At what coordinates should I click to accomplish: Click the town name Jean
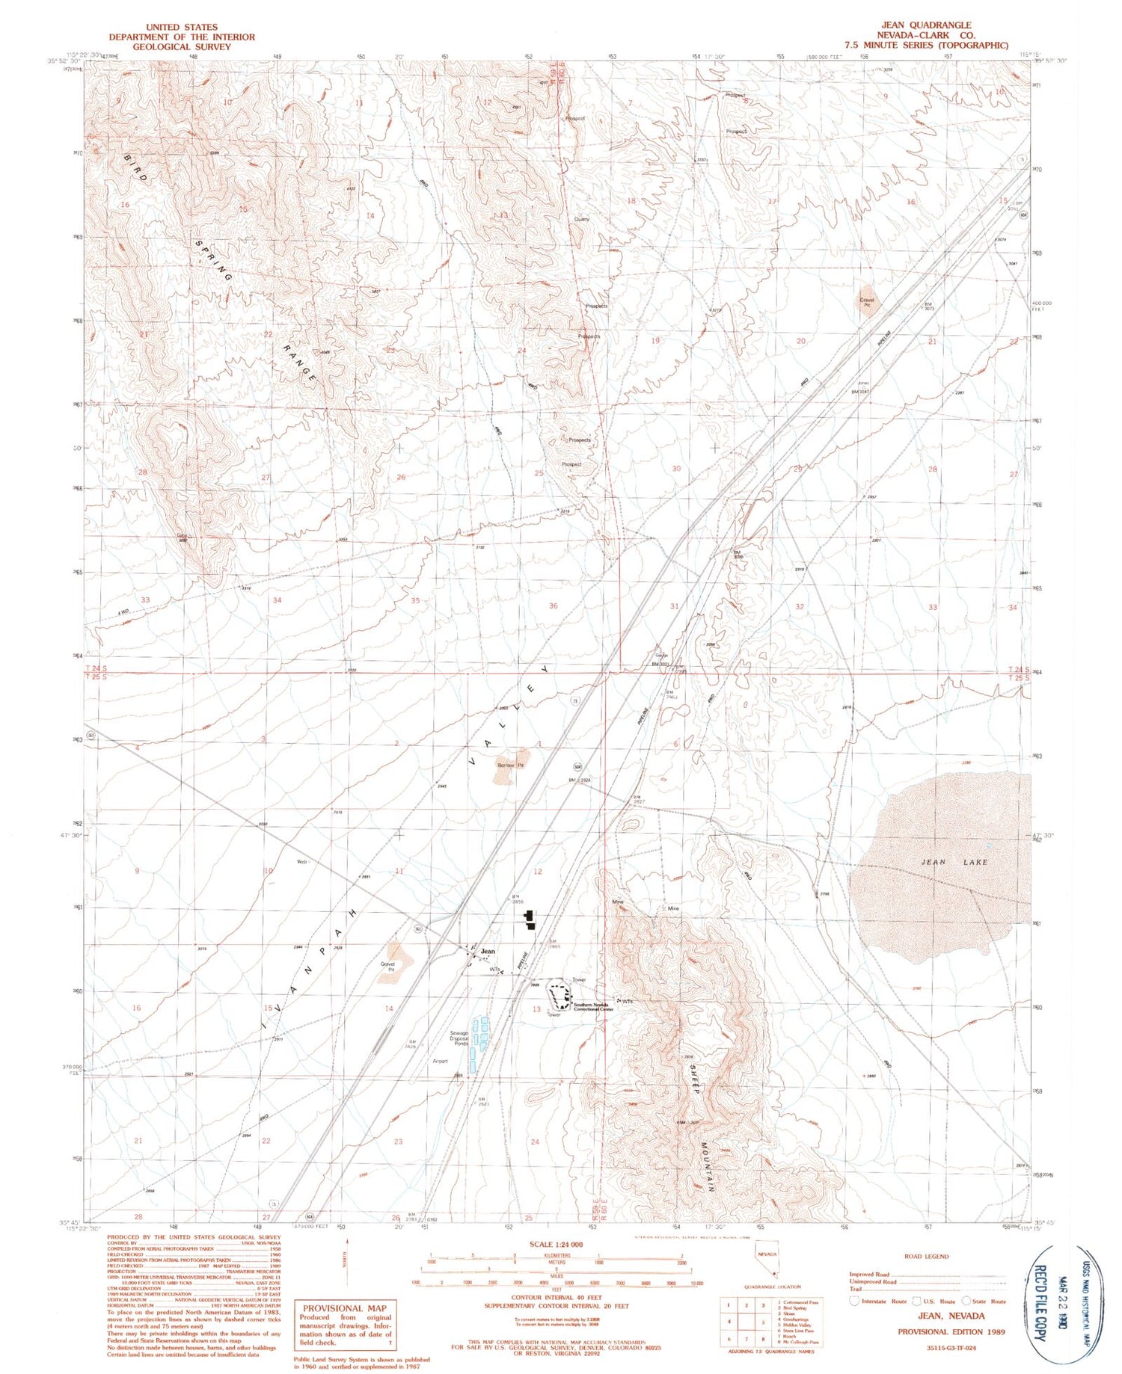coord(488,951)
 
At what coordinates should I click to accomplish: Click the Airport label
coord(440,1061)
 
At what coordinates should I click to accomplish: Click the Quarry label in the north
coord(581,219)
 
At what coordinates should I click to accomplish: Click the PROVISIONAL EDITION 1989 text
coord(951,1331)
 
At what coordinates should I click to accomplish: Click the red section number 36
coord(553,606)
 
